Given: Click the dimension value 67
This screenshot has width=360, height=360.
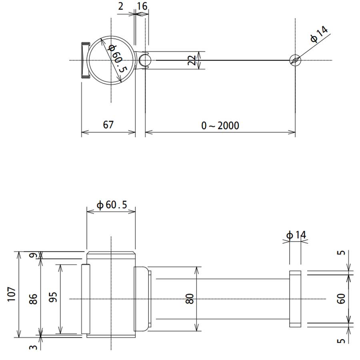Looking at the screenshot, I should click(x=108, y=124).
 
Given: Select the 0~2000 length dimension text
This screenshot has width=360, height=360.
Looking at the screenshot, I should click(x=220, y=126).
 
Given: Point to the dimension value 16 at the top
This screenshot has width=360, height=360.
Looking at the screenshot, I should click(x=142, y=6).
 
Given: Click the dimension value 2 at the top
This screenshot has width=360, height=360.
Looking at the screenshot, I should click(x=121, y=6).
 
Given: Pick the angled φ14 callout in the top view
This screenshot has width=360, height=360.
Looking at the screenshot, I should click(x=319, y=34).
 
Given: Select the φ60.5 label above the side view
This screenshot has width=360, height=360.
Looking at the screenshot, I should click(x=112, y=205).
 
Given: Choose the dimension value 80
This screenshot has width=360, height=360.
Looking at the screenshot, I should click(x=190, y=298).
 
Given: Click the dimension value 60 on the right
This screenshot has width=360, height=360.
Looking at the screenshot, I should click(x=341, y=298).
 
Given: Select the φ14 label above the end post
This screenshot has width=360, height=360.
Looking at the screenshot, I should click(x=296, y=235).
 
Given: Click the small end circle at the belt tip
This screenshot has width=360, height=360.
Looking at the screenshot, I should click(x=295, y=60).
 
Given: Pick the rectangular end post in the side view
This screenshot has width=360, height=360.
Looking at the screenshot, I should click(x=295, y=299).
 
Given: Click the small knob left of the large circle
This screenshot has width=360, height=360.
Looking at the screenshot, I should click(x=85, y=60).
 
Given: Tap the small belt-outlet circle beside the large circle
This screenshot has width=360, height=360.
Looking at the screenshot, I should click(x=145, y=60).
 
